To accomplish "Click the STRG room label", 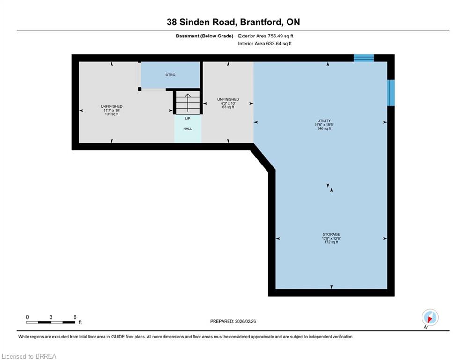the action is point(170,75).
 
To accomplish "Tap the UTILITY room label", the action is point(324,121).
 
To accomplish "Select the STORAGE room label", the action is point(332,234).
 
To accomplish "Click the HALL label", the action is point(187,129).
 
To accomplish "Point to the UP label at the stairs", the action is point(187,119).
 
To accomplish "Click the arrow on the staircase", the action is point(188,102).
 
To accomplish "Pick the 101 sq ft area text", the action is point(112,114).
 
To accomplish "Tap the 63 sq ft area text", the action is point(228,107).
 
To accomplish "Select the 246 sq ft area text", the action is point(324,128).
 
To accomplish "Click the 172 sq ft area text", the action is point(332,242).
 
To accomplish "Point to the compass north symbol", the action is point(430,318).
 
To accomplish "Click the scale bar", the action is point(51,322).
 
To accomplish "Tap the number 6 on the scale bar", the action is point(75,317).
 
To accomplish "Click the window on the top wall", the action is point(363,58).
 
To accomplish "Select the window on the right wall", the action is point(391,92).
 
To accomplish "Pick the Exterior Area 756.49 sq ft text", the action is point(266,36).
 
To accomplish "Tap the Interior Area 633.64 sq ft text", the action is point(265,44).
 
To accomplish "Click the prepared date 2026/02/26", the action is point(245,321).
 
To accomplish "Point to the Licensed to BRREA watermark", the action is point(29,356).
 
